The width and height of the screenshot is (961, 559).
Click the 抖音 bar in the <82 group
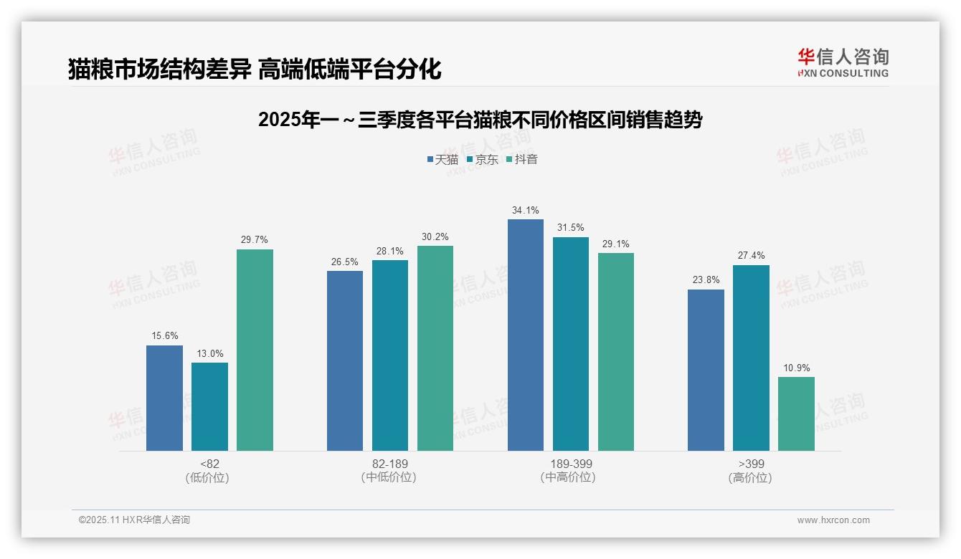click(x=255, y=350)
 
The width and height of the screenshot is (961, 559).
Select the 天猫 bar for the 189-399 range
click(x=526, y=335)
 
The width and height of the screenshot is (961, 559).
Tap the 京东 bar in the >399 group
click(x=751, y=358)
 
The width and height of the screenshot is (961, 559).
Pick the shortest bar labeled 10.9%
click(x=796, y=414)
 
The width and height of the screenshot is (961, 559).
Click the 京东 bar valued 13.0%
click(x=209, y=407)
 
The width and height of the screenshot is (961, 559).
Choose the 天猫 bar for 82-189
click(x=345, y=361)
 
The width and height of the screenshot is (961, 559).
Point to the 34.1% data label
click(x=526, y=211)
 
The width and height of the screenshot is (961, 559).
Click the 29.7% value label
click(x=255, y=240)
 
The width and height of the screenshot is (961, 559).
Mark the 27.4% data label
click(x=751, y=256)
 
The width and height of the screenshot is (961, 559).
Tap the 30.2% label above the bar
click(x=435, y=237)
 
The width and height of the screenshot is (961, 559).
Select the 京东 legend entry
click(x=482, y=160)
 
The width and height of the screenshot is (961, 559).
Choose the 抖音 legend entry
click(x=521, y=160)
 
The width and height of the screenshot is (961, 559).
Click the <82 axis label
click(x=209, y=464)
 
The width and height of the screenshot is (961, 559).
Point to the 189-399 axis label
click(x=571, y=464)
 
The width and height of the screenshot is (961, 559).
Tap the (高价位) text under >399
click(x=751, y=477)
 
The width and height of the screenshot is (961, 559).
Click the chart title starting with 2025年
click(x=480, y=120)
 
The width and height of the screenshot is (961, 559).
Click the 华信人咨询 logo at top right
click(x=843, y=62)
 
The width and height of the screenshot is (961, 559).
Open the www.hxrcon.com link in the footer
click(x=833, y=520)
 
